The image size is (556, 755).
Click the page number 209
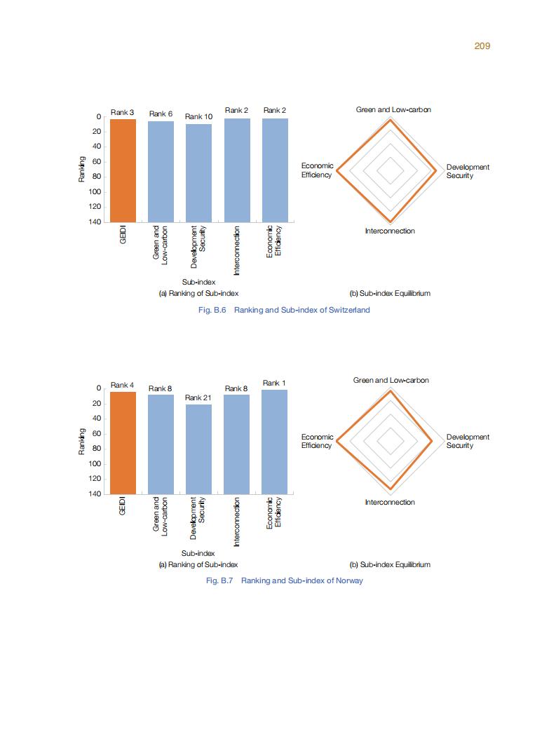482,46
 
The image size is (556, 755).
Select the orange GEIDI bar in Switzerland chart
123,170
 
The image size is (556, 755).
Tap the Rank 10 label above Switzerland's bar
198,116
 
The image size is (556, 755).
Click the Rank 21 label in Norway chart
198,397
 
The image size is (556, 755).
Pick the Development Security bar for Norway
198,449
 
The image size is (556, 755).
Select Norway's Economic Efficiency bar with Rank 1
274,442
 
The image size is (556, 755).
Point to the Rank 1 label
274,383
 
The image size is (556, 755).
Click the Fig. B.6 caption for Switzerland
285,310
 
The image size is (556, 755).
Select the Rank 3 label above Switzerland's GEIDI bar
123,112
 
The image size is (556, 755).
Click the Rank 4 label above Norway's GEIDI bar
123,385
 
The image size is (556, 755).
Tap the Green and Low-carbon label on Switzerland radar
393,110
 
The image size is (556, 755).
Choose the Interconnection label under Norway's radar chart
390,502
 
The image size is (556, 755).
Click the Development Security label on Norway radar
468,441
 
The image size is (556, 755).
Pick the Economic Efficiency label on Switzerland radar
317,170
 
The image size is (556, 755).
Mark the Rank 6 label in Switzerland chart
161,114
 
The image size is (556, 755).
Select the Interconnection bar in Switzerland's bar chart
237,170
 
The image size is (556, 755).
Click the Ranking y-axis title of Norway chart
82,442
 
